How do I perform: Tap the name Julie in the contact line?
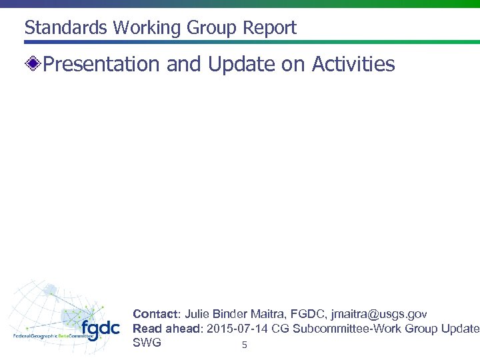(x=197, y=313)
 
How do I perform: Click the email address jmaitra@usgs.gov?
(x=379, y=313)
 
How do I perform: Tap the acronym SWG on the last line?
(x=147, y=343)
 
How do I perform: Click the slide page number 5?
(x=244, y=345)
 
